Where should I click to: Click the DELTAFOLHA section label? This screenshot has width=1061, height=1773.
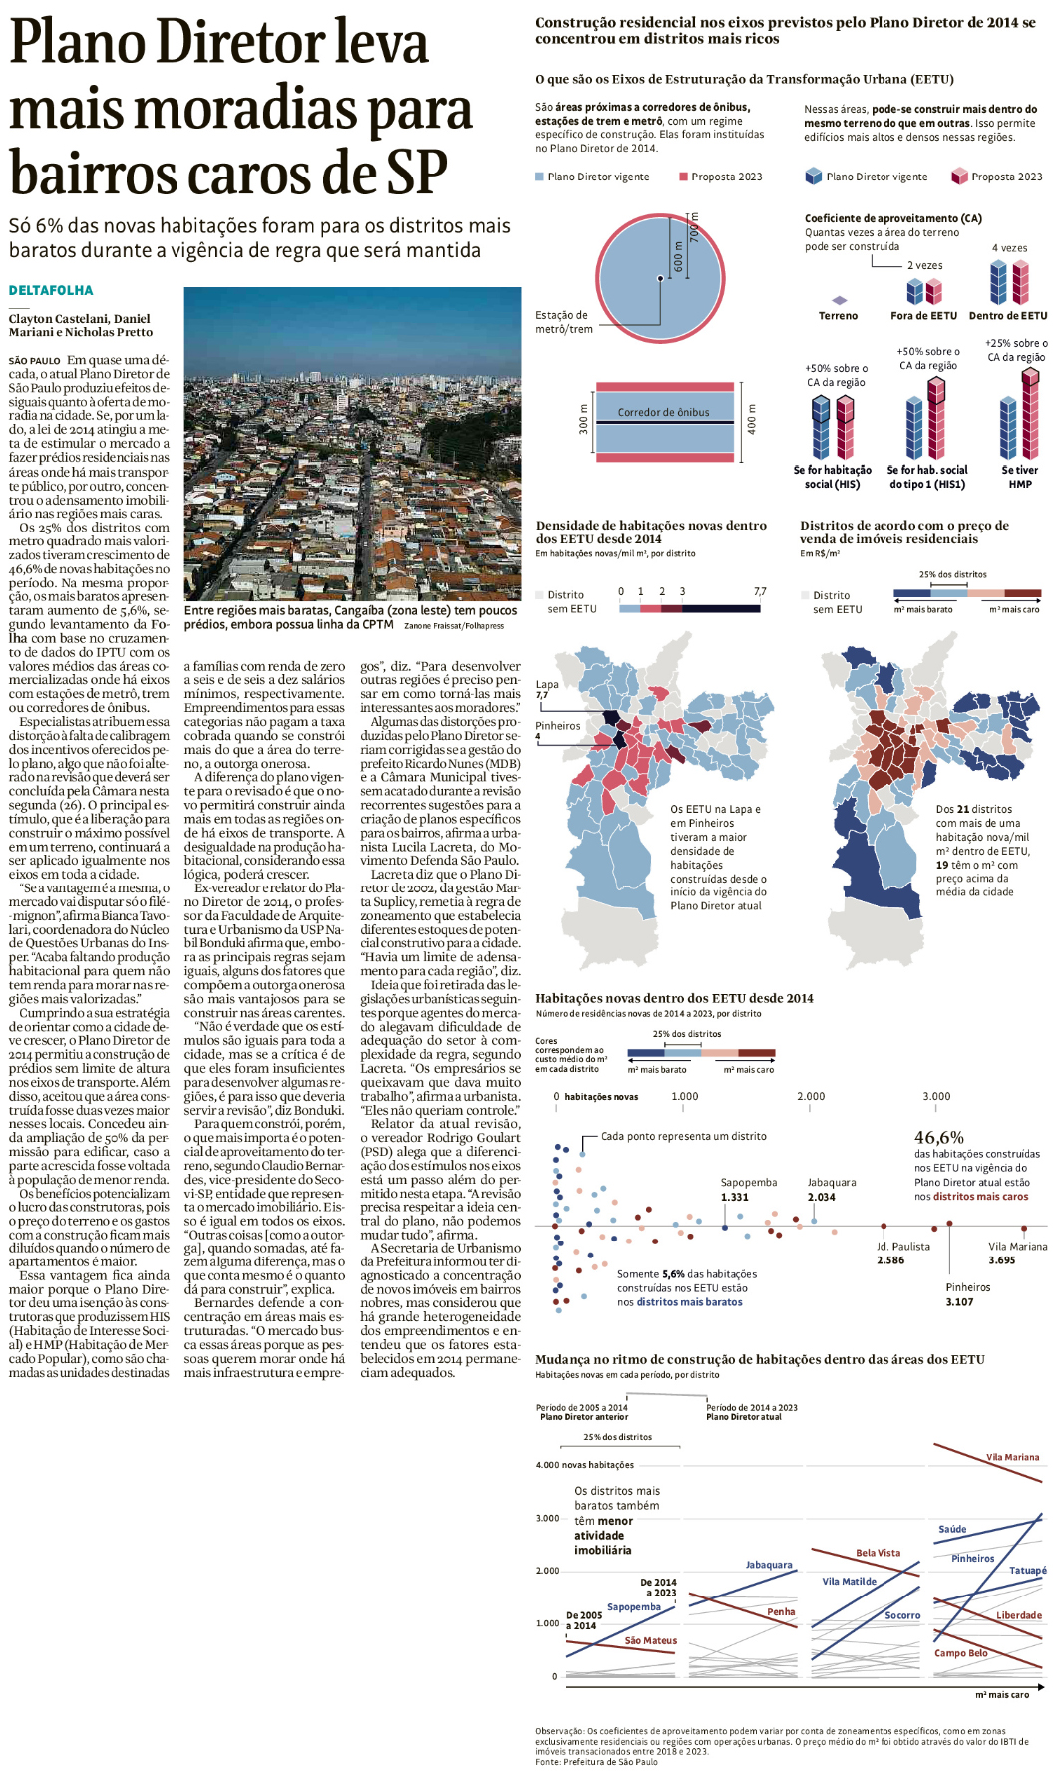[51, 290]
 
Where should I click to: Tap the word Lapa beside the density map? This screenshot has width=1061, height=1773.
[547, 684]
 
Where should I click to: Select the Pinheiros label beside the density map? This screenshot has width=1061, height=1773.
[557, 725]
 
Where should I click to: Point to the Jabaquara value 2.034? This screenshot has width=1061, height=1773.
[821, 1197]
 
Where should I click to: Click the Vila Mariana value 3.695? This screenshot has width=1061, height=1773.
[1001, 1260]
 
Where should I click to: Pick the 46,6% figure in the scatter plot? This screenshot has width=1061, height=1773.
[939, 1137]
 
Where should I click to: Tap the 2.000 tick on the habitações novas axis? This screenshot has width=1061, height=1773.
[811, 1096]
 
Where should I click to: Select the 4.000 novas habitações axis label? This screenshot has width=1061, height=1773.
[584, 1465]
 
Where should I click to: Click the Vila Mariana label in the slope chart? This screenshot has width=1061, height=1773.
[1012, 1457]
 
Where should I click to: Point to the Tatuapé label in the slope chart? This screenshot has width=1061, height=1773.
[1027, 1570]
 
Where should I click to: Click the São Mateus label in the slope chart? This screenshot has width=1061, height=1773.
[650, 1640]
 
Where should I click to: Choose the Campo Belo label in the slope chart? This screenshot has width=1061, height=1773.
[960, 1652]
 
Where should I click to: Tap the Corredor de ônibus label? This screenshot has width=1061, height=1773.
[663, 412]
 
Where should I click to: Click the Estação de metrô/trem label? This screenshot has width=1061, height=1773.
[563, 321]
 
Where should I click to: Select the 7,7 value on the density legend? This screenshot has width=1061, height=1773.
[760, 591]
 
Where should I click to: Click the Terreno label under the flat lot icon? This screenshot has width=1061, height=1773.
[838, 315]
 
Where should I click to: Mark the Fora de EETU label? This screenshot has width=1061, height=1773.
[923, 315]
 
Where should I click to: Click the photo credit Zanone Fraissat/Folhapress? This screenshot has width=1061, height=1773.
[454, 626]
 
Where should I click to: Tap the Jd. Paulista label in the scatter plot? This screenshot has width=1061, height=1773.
[903, 1246]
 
